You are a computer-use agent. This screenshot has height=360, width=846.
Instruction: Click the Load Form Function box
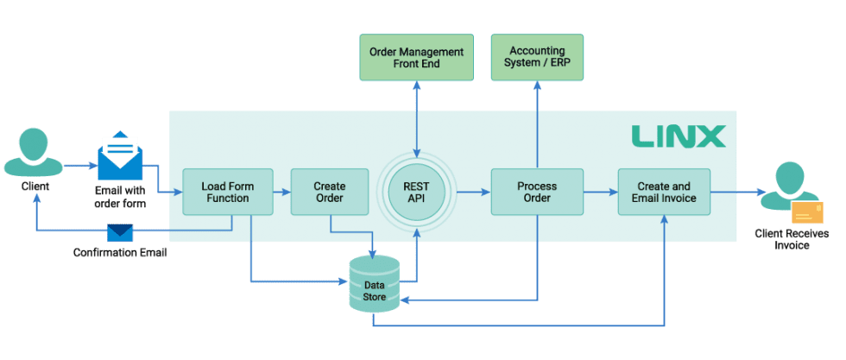pyautogui.click(x=225, y=192)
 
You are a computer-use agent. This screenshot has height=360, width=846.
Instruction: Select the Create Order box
pyautogui.click(x=330, y=192)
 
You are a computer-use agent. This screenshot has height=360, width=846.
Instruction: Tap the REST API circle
pyautogui.click(x=417, y=192)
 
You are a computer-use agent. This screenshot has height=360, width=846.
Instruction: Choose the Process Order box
pyautogui.click(x=537, y=192)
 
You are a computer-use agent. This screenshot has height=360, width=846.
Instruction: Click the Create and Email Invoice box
pyautogui.click(x=664, y=192)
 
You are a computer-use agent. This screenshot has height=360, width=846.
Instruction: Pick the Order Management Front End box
pyautogui.click(x=417, y=58)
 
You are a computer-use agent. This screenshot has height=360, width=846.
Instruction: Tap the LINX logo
pyautogui.click(x=678, y=136)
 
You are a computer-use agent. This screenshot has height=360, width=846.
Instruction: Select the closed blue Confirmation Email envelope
pyautogui.click(x=120, y=233)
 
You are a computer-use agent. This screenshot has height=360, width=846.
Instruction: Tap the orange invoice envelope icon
pyautogui.click(x=807, y=212)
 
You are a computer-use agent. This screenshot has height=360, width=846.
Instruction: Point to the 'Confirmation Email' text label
pyautogui.click(x=120, y=253)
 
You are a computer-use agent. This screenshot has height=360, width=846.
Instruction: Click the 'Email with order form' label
pyautogui.click(x=119, y=197)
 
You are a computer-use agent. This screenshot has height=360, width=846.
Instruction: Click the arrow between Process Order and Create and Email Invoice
pyautogui.click(x=600, y=192)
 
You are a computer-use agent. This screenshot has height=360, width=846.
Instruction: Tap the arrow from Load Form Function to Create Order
pyautogui.click(x=282, y=192)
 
